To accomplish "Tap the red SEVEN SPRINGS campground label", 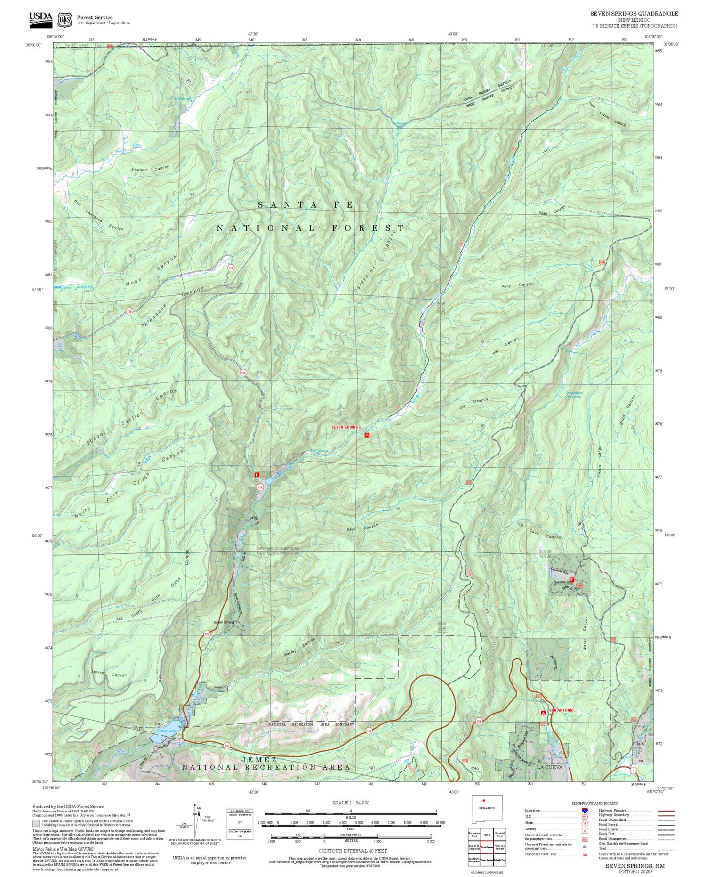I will [346, 427].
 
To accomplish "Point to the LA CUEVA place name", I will [549, 767].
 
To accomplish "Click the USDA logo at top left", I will [41, 18].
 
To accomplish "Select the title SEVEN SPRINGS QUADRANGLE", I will [634, 14].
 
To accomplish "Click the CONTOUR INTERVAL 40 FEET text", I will [353, 851].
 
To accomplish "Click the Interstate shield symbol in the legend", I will [584, 810].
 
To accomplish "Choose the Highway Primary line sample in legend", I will [664, 811].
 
